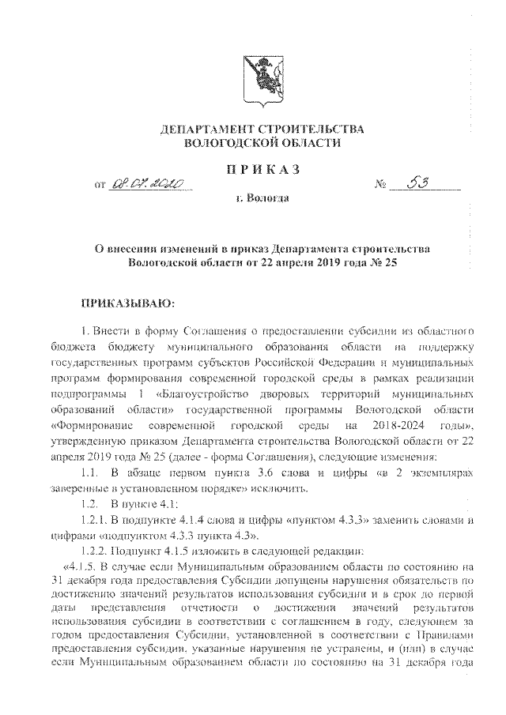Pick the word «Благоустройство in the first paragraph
[x=197, y=393]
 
